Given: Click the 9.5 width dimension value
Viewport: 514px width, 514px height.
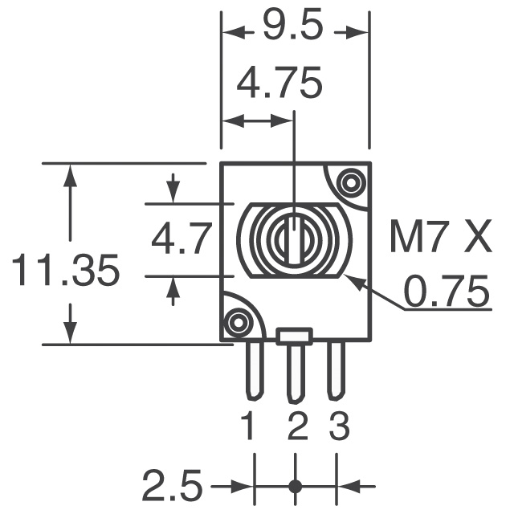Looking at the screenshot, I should (x=294, y=30).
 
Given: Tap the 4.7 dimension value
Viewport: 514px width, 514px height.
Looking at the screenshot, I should (x=181, y=239).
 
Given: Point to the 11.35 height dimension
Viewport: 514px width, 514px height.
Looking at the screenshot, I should (x=65, y=271).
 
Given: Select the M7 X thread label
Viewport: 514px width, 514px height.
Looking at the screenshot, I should (x=439, y=239).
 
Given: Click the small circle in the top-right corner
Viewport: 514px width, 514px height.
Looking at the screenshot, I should (x=350, y=183).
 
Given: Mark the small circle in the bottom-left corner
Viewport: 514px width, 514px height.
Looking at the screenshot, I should (x=236, y=323).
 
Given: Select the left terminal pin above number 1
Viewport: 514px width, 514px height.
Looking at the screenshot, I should (x=254, y=369).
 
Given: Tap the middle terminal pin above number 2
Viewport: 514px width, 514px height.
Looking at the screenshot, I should (x=296, y=372).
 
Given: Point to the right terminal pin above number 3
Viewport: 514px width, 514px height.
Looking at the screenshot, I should (x=336, y=369).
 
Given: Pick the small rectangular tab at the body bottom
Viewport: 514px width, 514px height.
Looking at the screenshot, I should (x=295, y=336).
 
